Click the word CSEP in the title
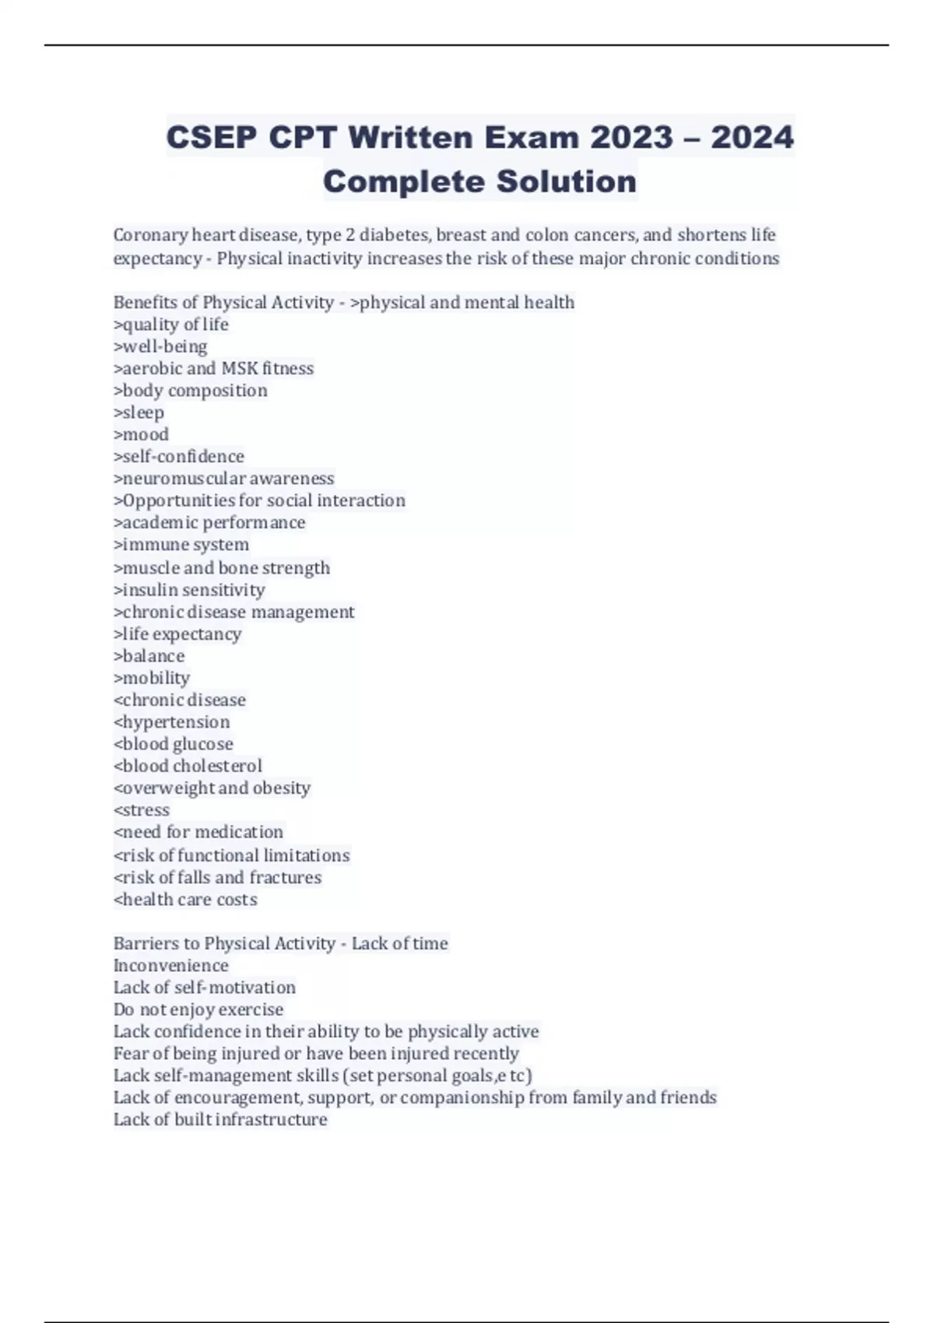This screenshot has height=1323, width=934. point(211,138)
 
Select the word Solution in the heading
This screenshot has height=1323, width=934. point(567,182)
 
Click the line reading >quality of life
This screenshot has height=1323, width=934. point(171,325)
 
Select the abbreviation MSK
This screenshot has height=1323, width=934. point(240,368)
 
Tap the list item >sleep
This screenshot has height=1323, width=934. point(139,412)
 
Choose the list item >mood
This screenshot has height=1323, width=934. point(142,434)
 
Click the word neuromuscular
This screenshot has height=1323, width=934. point(184,479)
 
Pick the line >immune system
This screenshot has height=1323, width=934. point(181,545)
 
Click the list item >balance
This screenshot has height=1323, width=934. point(149,656)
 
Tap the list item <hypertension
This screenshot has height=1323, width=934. point(172,722)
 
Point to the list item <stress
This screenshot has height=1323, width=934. point(142,810)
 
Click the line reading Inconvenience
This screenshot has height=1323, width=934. point(171,966)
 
